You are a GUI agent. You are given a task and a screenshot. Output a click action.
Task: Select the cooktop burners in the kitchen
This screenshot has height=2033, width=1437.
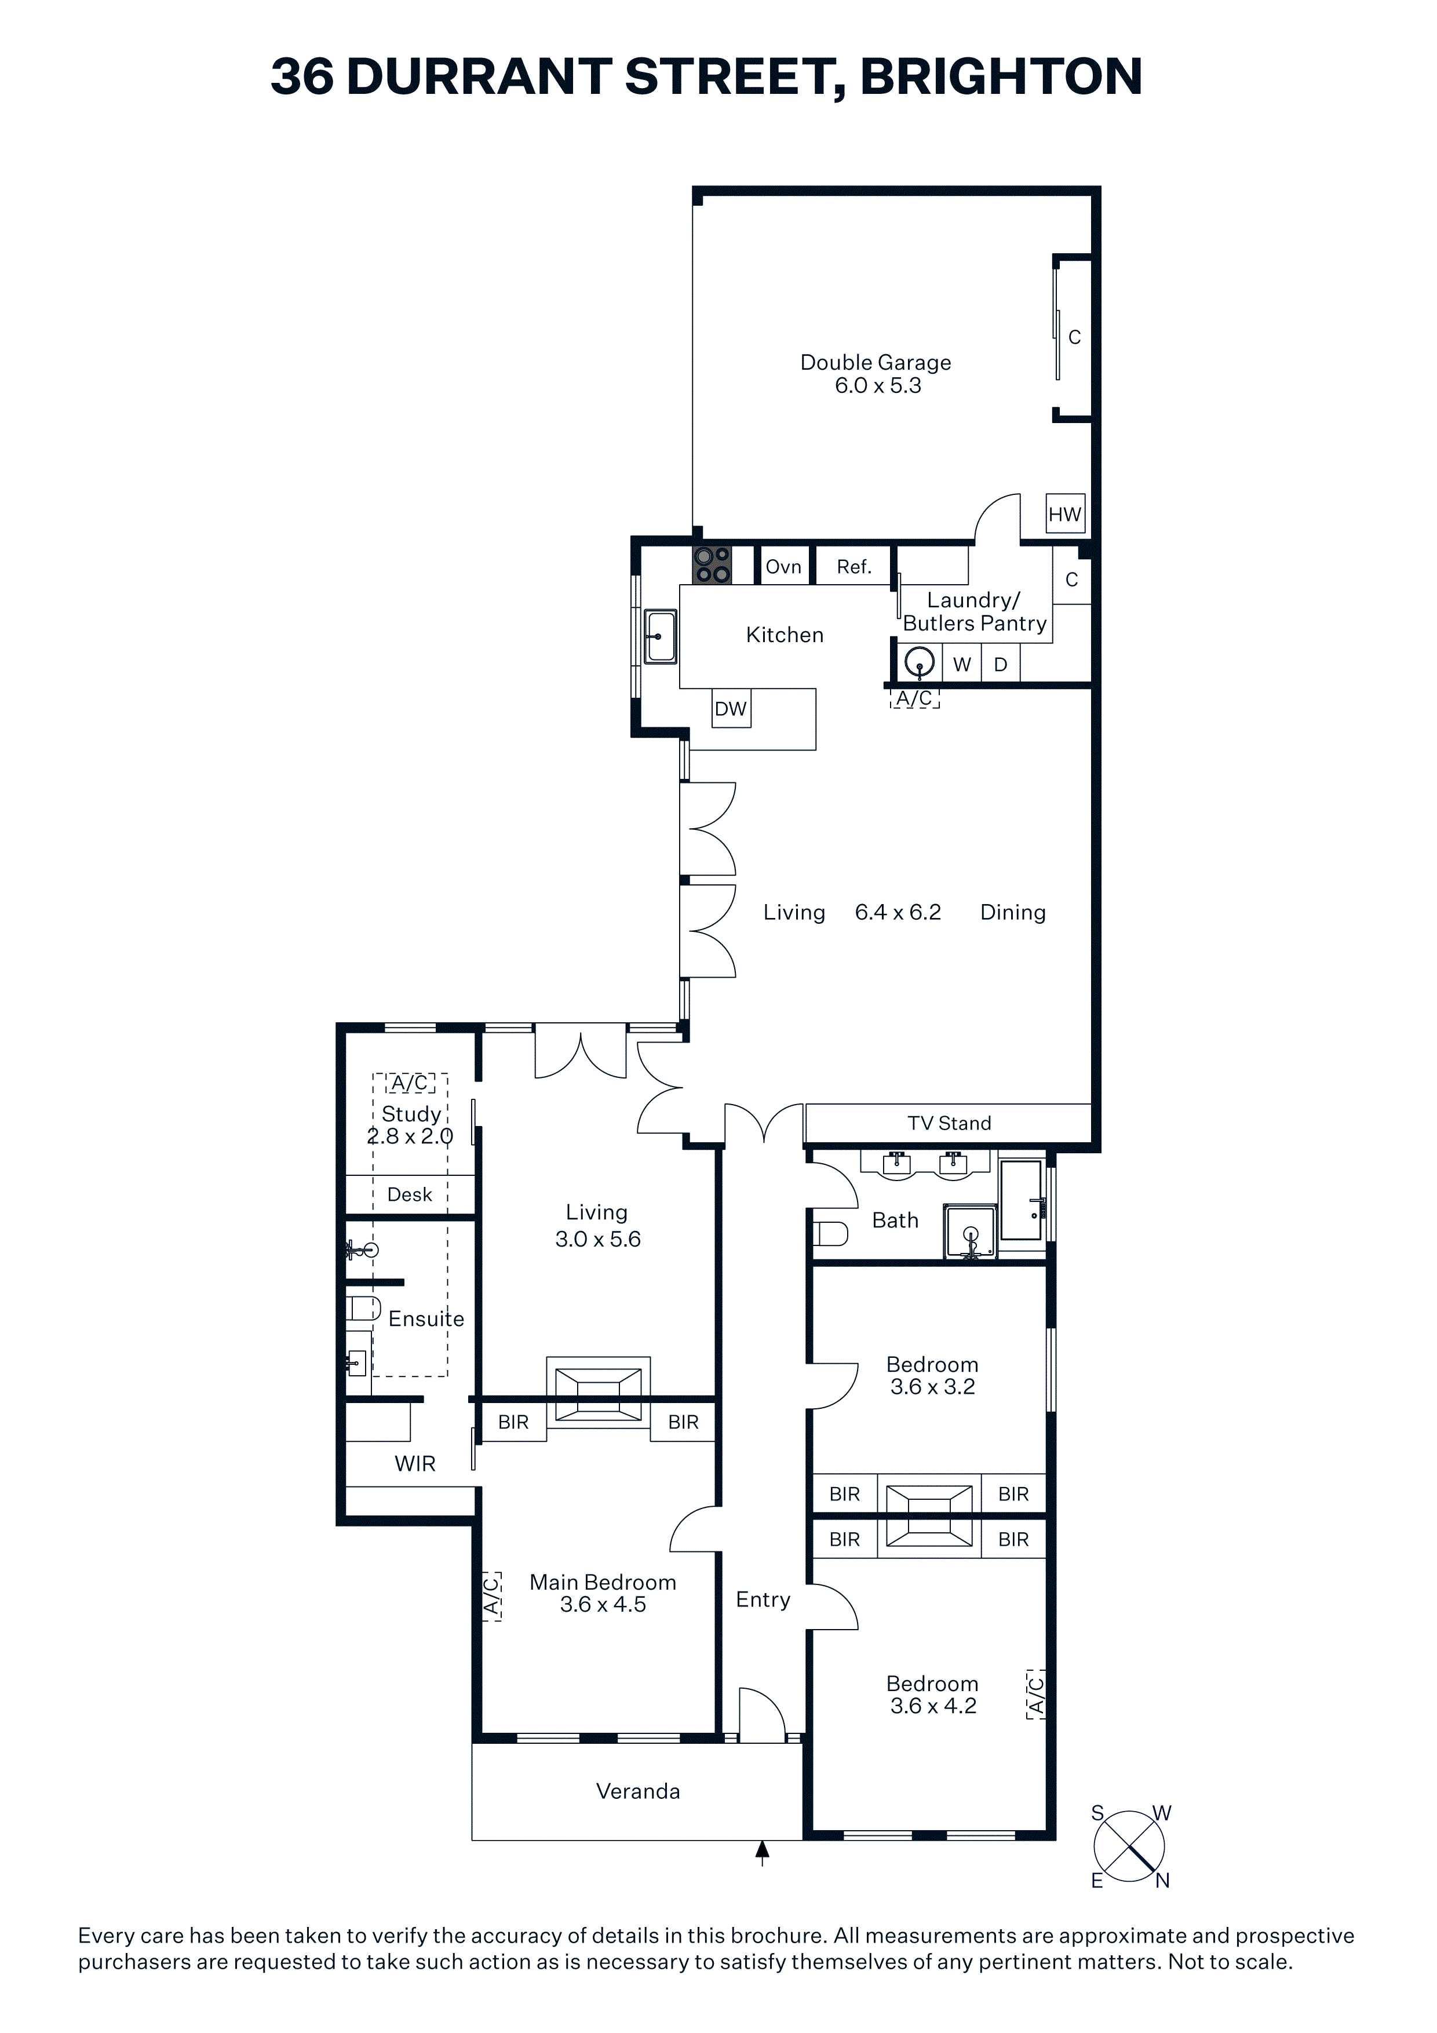pos(712,565)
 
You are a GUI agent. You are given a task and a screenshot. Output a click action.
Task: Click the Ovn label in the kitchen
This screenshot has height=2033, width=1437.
pos(783,567)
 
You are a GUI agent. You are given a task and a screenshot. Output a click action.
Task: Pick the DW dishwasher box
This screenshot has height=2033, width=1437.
pos(731,708)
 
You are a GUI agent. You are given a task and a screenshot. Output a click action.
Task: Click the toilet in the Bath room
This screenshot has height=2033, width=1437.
pos(830,1233)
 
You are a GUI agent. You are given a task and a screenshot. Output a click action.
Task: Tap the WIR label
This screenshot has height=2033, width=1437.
pos(415,1464)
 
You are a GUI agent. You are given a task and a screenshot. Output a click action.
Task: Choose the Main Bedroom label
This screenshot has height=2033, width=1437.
pos(603,1582)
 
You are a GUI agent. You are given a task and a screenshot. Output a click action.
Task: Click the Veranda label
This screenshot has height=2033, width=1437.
pos(639,1791)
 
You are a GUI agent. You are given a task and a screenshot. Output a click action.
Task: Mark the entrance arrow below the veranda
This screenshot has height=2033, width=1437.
pos(763,1853)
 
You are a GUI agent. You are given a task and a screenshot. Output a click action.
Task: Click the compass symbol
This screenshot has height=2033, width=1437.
pos(1130,1846)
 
